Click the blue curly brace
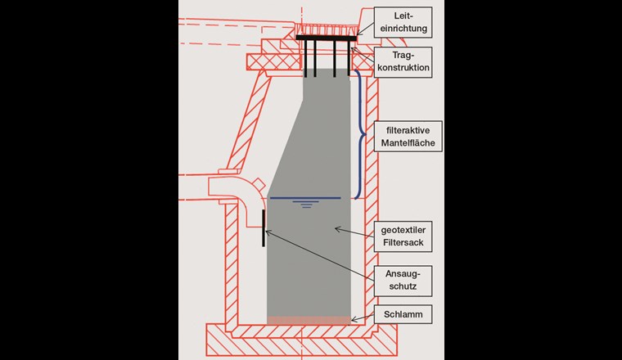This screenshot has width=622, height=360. (x=359, y=134)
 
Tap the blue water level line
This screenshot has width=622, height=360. (x=304, y=198)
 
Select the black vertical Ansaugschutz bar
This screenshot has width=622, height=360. (x=264, y=227)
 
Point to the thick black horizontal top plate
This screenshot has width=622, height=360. (x=325, y=38)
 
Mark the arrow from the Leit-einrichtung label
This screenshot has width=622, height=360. (x=366, y=30)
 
